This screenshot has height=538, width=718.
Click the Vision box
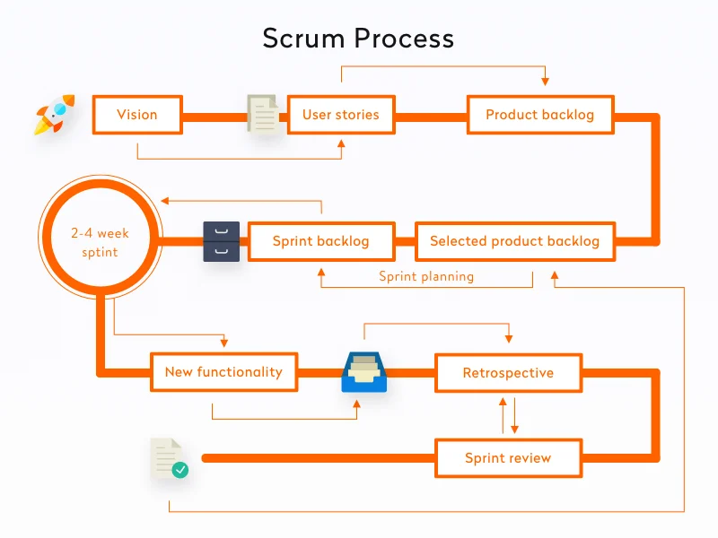point(137,115)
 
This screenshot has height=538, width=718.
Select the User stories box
point(340,115)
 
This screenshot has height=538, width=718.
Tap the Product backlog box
point(539,115)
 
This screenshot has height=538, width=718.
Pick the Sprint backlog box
point(320,241)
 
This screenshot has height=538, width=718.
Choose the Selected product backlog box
point(514,241)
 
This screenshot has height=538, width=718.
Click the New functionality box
point(223,372)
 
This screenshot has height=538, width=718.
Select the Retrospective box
point(508,373)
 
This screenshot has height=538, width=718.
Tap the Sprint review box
point(508,459)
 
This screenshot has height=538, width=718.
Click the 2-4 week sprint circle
point(101,241)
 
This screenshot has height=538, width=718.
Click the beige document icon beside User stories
point(262,115)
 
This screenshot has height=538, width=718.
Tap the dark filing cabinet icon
point(222,241)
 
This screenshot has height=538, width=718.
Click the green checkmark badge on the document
point(180,469)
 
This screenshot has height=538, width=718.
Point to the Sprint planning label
point(426,276)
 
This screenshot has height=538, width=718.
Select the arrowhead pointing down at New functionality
point(224,342)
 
